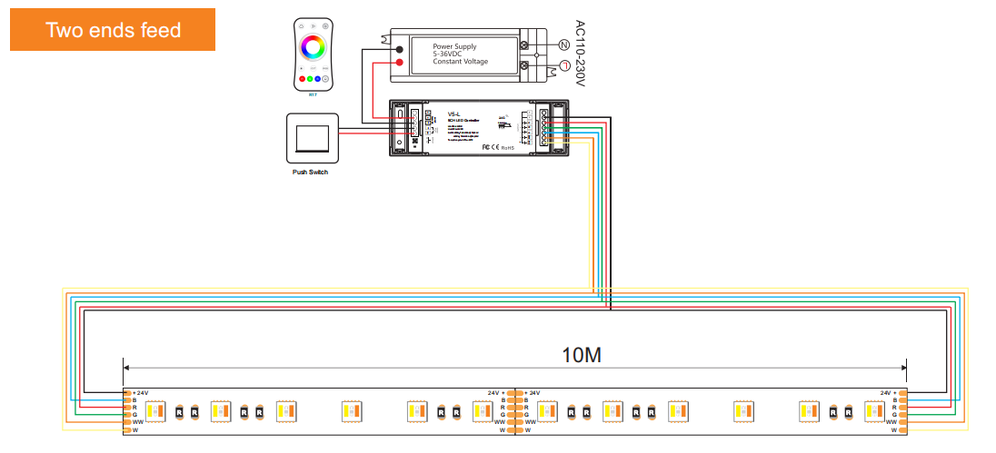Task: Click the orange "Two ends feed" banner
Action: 113,30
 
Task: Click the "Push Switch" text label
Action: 310,172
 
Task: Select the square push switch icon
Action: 312,136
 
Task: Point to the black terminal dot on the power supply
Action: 399,48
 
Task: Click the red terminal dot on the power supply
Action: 399,62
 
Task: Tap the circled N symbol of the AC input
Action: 563,44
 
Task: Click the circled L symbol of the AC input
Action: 563,65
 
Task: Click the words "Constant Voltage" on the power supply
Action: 461,62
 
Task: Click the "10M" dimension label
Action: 581,354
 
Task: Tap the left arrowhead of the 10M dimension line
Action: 126,368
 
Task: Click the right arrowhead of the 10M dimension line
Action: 904,368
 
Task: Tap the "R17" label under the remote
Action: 313,94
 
